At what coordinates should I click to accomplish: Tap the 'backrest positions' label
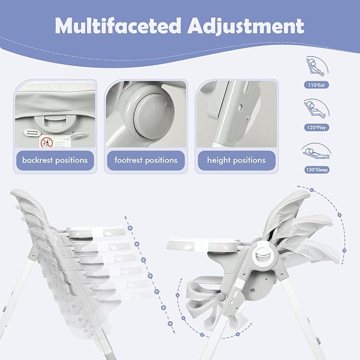(x=55, y=160)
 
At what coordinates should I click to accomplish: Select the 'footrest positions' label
(x=146, y=160)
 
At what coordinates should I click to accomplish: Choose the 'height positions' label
(x=236, y=160)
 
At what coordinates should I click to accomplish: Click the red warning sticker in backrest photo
(x=47, y=142)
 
